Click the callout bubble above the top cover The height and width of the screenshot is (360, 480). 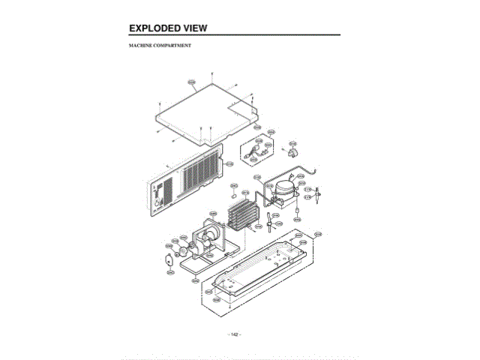point(191,82)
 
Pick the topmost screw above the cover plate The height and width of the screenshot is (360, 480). point(214,73)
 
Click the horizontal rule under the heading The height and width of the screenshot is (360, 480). point(235,36)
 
